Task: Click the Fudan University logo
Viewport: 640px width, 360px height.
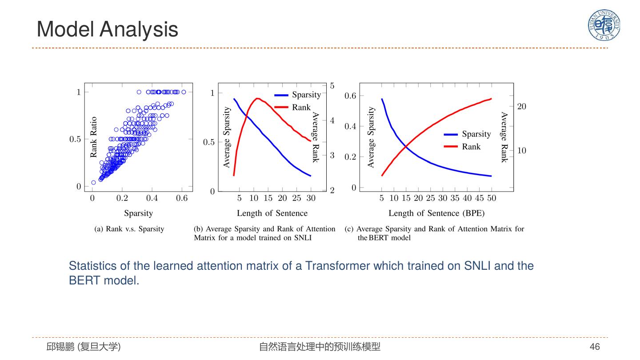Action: point(604,25)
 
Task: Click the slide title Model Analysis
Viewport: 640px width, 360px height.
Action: point(107,29)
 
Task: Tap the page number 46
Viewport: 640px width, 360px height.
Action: point(595,347)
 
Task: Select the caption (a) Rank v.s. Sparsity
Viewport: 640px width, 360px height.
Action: point(129,229)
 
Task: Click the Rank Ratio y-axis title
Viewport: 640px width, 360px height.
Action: point(93,137)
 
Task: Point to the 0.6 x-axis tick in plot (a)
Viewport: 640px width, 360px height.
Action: point(182,198)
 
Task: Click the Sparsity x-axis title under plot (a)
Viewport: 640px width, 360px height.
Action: point(138,213)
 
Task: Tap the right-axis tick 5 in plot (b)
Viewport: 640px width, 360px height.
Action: point(332,85)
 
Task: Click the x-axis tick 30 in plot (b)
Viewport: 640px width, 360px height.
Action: point(311,198)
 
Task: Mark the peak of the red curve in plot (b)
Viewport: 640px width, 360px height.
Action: point(257,98)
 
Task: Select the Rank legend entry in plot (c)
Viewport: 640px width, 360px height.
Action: point(471,147)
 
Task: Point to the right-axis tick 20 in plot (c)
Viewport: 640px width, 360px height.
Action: point(521,106)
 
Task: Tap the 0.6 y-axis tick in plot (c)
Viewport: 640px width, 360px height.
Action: point(351,96)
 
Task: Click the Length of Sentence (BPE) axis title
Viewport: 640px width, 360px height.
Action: point(436,213)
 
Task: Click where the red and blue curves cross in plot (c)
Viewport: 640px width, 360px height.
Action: point(406,145)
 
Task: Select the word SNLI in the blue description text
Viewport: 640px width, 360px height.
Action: point(477,266)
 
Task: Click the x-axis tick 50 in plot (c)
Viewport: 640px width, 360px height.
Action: point(491,198)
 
